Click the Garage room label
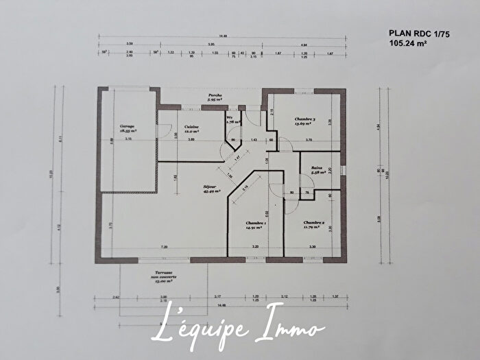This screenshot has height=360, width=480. [x=126, y=128]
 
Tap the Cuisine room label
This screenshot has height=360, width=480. [x=191, y=128]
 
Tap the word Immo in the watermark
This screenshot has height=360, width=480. [x=288, y=331]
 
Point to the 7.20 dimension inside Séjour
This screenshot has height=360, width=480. [x=164, y=246]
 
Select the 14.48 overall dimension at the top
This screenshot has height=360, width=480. [x=224, y=36]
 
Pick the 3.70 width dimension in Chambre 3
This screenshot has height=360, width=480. [x=309, y=140]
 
